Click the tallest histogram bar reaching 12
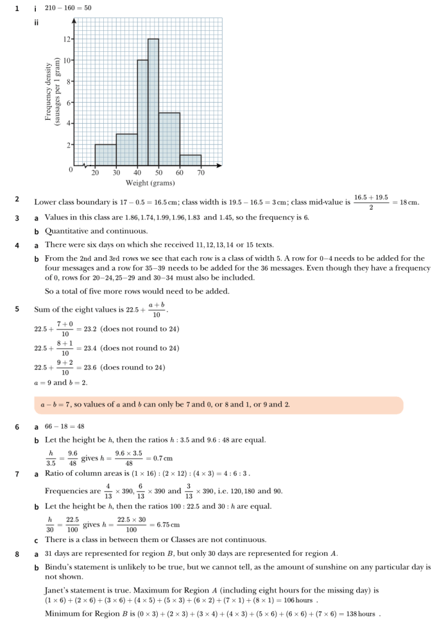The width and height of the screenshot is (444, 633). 153,102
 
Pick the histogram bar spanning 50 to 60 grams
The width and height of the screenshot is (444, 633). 169,139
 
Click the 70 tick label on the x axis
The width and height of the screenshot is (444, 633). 201,173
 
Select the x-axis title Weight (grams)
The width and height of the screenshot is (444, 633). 150,183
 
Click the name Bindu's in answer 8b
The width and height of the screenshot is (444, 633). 60,566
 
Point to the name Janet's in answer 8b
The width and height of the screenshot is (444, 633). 58,590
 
